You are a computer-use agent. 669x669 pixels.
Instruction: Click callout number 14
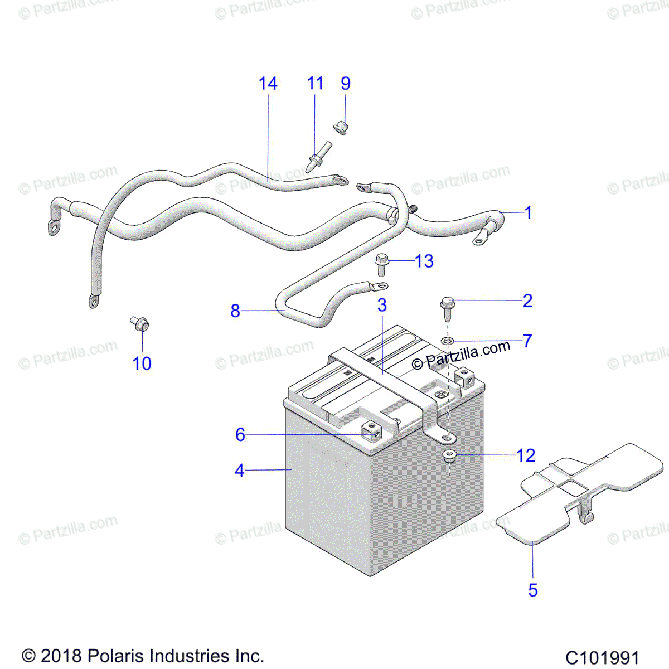point(268,84)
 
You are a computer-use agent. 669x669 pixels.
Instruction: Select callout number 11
point(315,84)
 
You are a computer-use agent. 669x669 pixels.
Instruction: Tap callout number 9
point(346,84)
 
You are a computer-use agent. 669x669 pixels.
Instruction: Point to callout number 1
point(528,212)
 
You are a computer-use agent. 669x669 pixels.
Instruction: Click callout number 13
point(424,261)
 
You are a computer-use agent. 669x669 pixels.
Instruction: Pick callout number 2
point(527,300)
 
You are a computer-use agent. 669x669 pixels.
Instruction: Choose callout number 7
point(527,340)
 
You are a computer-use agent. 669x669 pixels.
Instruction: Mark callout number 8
point(235,311)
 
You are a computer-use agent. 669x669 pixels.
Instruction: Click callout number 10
point(142,363)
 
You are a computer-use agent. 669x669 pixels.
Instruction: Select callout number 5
point(533,590)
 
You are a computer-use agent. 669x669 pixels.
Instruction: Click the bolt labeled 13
point(382,263)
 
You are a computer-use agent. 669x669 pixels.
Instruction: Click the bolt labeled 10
point(139,323)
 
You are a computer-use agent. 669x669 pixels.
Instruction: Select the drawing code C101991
point(602,657)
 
